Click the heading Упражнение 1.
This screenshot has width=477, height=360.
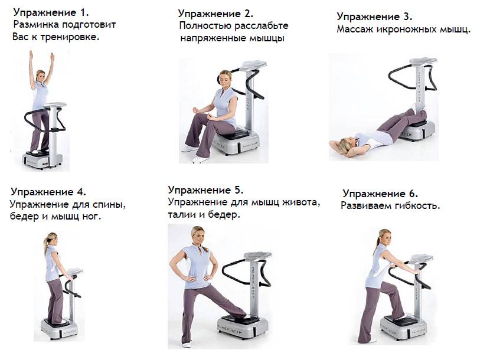click(51, 12)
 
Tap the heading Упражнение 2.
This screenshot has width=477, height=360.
click(215, 14)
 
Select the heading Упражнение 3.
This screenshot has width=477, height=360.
click(374, 17)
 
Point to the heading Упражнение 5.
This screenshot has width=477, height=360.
click(205, 191)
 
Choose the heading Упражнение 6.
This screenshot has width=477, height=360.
click(380, 194)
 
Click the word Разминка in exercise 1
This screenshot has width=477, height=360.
click(36, 25)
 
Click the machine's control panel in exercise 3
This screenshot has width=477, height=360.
click(423, 61)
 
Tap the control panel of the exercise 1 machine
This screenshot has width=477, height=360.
click(55, 105)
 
